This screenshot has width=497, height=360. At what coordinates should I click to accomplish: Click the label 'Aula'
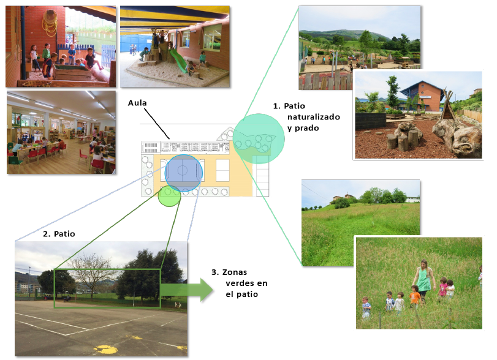coord(138,103)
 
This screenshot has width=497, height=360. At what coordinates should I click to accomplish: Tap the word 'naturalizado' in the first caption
coord(313,116)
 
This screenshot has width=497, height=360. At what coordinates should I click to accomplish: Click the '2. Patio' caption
coord(59,234)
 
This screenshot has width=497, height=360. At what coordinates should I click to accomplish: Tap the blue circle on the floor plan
coord(183,174)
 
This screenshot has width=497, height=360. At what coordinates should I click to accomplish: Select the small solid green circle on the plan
coord(169,196)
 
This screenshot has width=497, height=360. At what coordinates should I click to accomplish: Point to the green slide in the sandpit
coord(176,61)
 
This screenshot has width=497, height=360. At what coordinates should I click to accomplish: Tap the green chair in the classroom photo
coord(13,160)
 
